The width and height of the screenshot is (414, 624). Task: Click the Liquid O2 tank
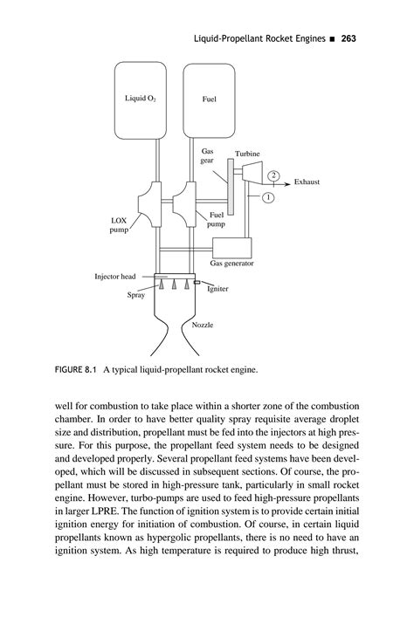[x=141, y=99]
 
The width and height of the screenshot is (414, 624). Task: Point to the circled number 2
[x=274, y=175]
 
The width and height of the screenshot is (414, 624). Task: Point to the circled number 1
[x=267, y=197]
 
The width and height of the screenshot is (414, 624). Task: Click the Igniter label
[x=217, y=289]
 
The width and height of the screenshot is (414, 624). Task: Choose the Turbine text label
[x=247, y=154]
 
